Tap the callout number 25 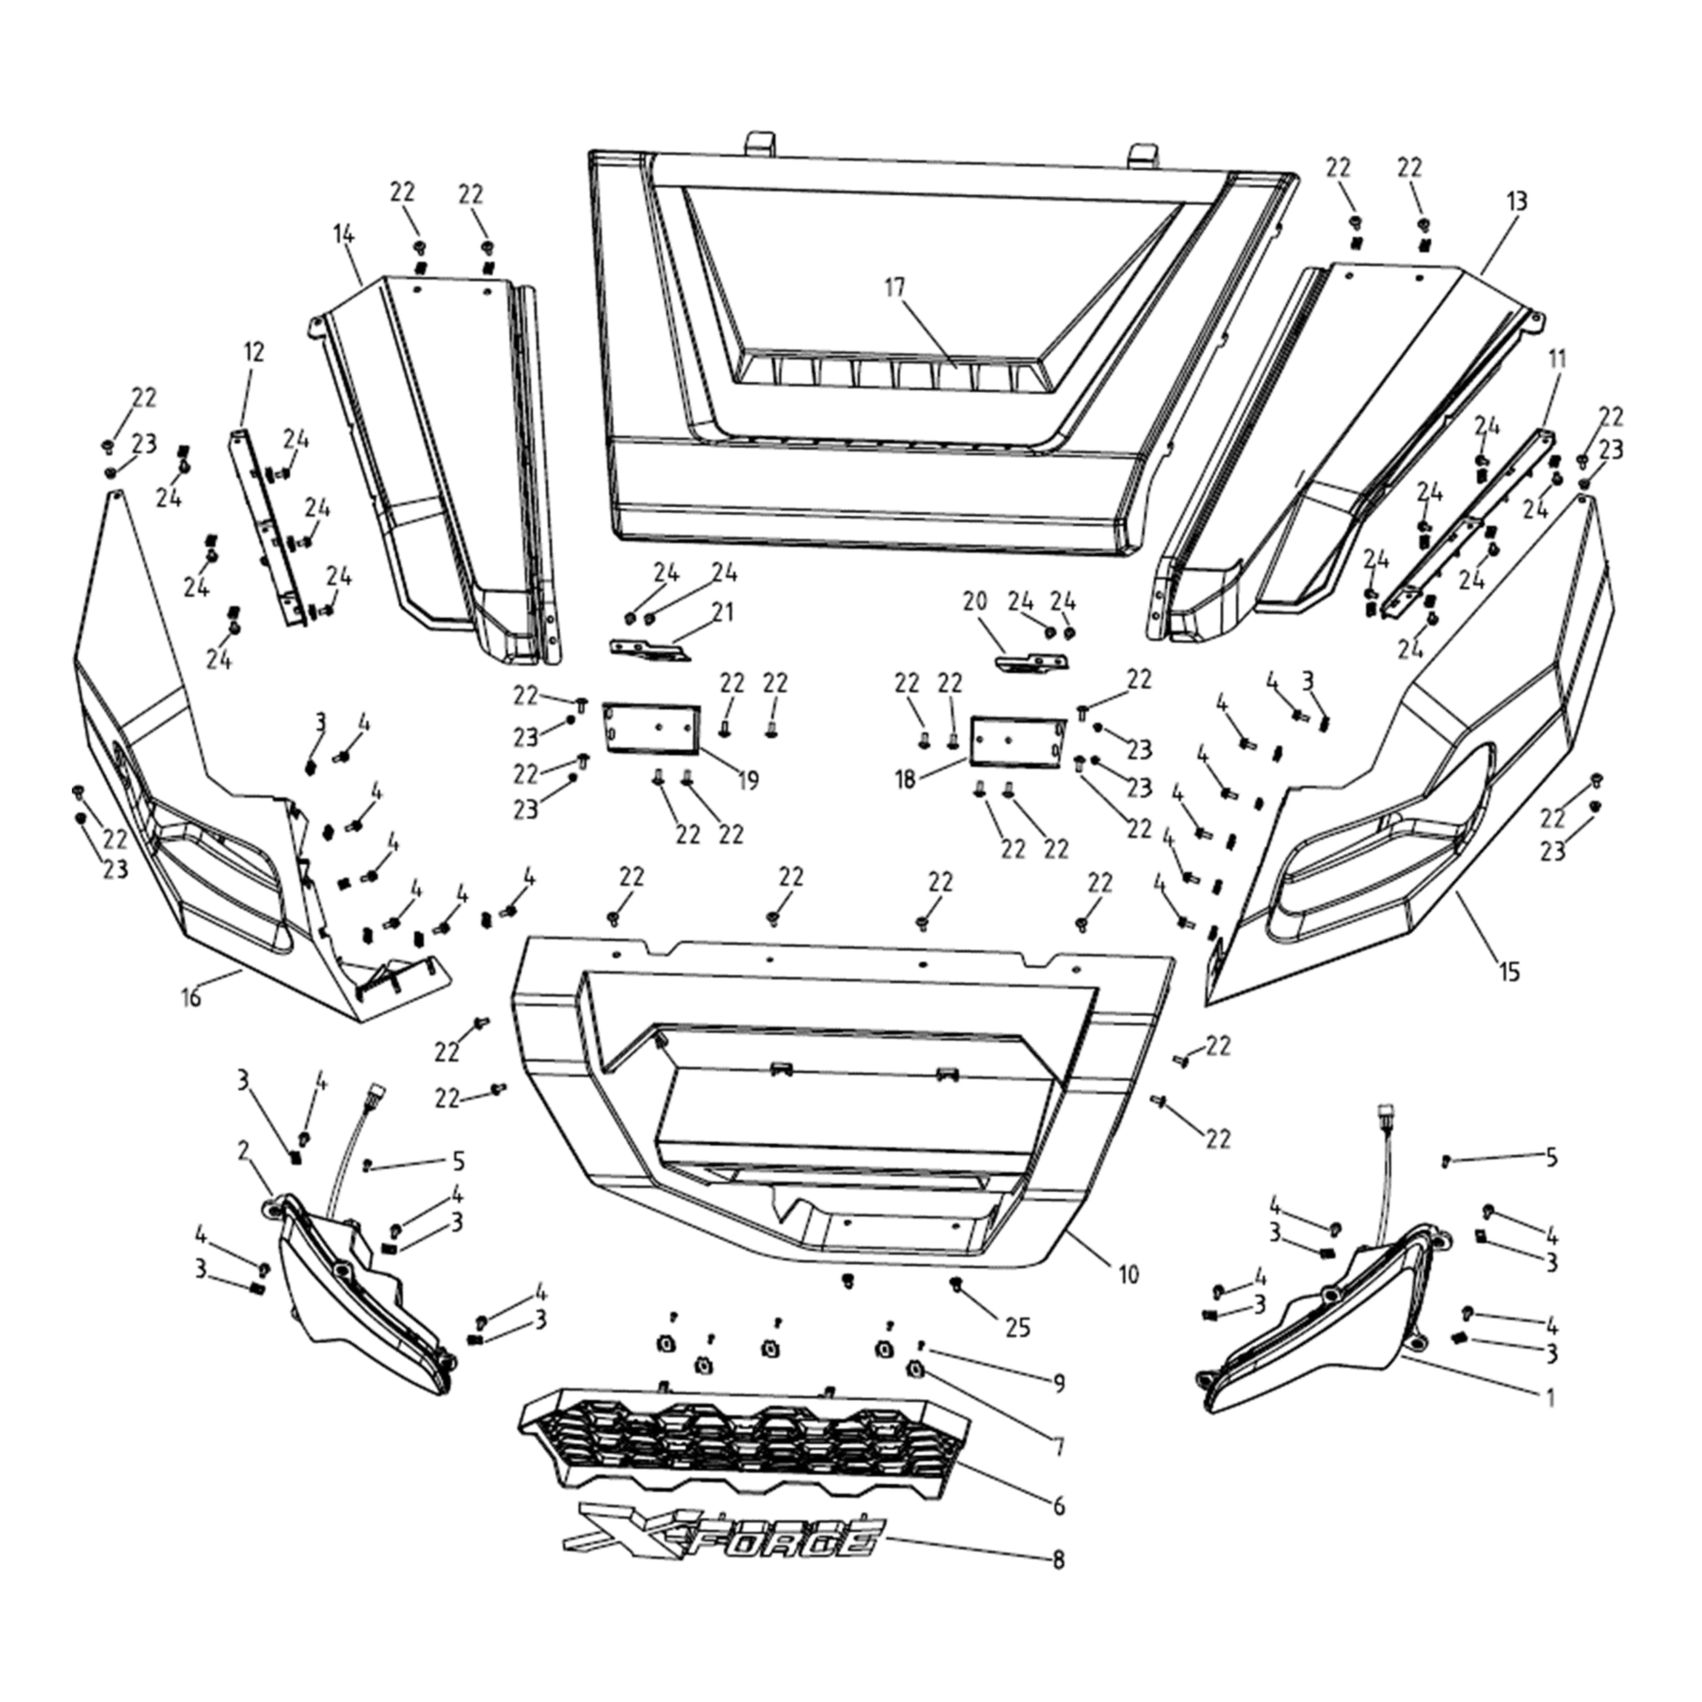[x=1017, y=1327]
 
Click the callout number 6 [x=1058, y=1506]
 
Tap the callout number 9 [x=1058, y=1384]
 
